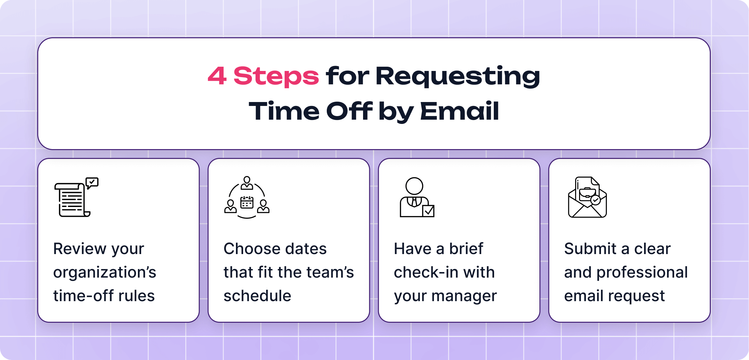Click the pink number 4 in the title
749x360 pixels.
point(217,76)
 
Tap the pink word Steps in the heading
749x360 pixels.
point(276,76)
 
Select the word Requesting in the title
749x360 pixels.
point(458,76)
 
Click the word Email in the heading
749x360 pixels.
point(459,111)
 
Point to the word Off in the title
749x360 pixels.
point(349,111)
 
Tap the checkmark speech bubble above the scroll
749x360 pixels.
point(92,182)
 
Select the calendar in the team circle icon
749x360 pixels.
point(247,203)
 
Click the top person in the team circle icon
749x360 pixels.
point(247,183)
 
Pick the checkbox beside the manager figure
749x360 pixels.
point(428,211)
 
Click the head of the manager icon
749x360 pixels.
point(414,186)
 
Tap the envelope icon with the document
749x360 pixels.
point(587,197)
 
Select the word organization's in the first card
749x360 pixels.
point(105,272)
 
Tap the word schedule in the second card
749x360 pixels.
point(257,296)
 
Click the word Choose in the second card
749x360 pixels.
point(247,249)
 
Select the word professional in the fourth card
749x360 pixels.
point(642,272)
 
